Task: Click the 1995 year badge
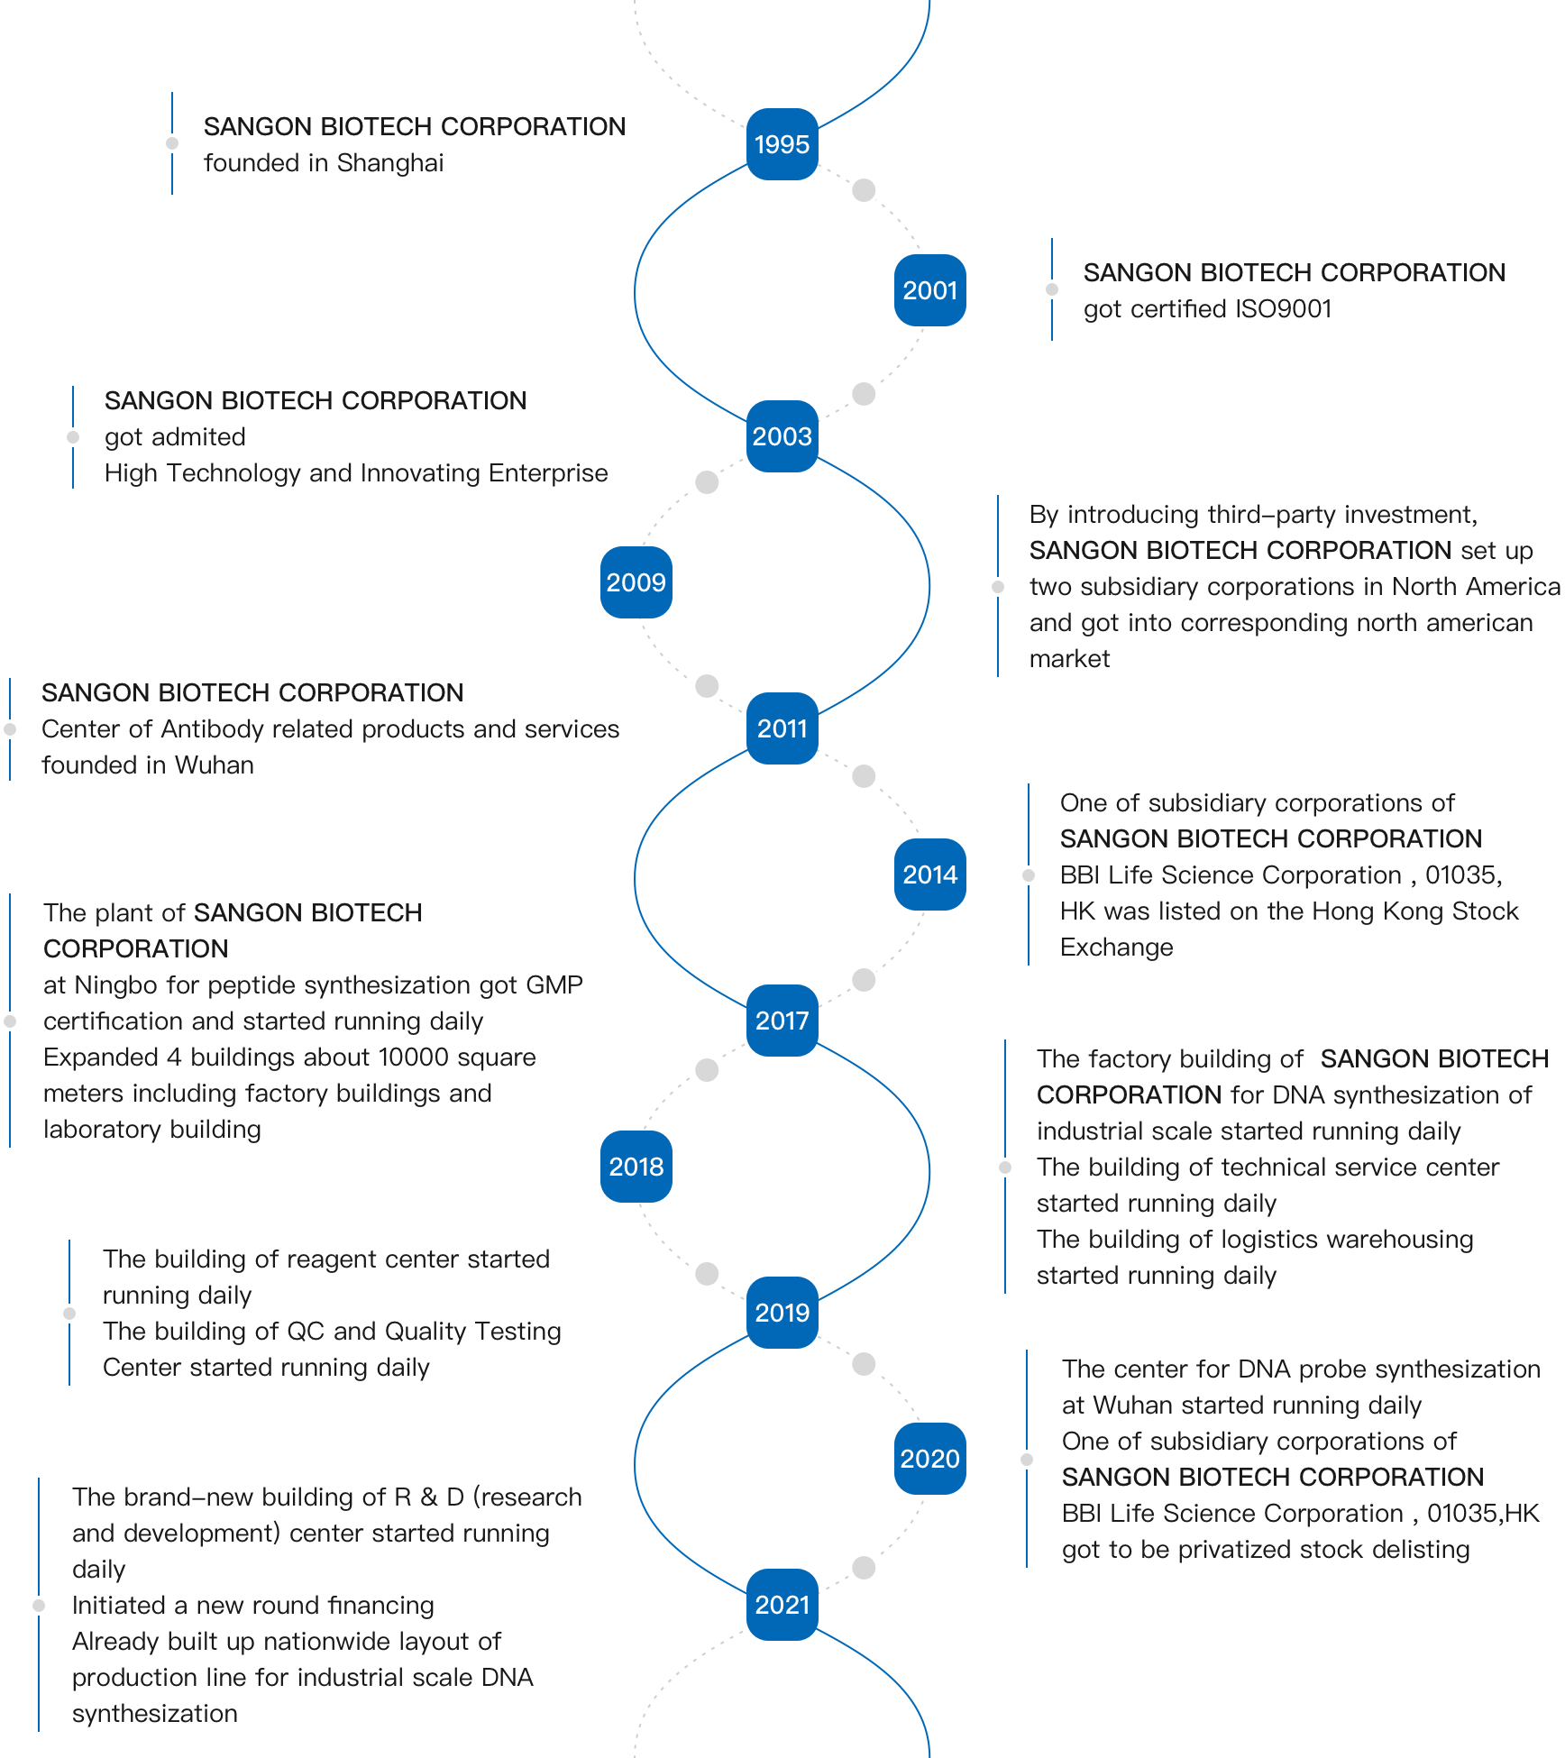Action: pos(782,144)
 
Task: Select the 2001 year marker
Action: pos(930,290)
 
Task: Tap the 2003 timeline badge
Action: pos(782,436)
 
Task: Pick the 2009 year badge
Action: pos(636,582)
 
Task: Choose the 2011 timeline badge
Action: pos(782,728)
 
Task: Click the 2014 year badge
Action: pos(930,874)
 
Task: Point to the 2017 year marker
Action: pos(782,1021)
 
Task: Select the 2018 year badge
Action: pos(636,1167)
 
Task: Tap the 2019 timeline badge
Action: pos(782,1313)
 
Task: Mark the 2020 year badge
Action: pos(930,1459)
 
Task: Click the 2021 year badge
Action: pos(782,1605)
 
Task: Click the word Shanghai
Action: pos(390,163)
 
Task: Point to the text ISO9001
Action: pos(1284,309)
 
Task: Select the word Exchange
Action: pos(1117,948)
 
